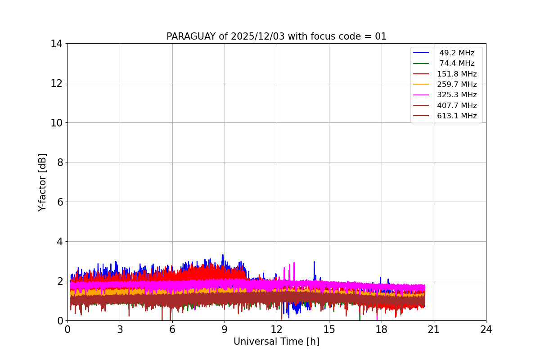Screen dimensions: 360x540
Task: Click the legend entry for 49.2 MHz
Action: pos(456,53)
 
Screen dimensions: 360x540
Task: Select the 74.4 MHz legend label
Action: pos(456,63)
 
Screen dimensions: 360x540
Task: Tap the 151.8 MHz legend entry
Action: pos(456,74)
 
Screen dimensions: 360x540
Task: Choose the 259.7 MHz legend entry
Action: pos(456,84)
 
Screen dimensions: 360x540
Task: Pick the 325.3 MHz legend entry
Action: pos(456,95)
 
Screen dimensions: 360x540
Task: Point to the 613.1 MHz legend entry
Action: pos(456,116)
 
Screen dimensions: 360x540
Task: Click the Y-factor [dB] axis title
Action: pos(42,182)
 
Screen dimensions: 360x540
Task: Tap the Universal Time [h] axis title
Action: pos(276,342)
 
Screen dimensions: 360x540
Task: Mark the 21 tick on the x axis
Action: pos(434,329)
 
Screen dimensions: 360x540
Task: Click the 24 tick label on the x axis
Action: pos(486,329)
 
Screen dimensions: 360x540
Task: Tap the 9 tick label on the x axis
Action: pos(225,329)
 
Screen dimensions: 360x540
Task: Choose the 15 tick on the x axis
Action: pos(329,329)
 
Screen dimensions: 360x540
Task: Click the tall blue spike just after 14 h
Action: pos(314,262)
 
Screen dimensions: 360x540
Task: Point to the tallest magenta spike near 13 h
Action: pos(294,263)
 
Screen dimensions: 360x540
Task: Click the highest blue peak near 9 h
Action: pos(222,255)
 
